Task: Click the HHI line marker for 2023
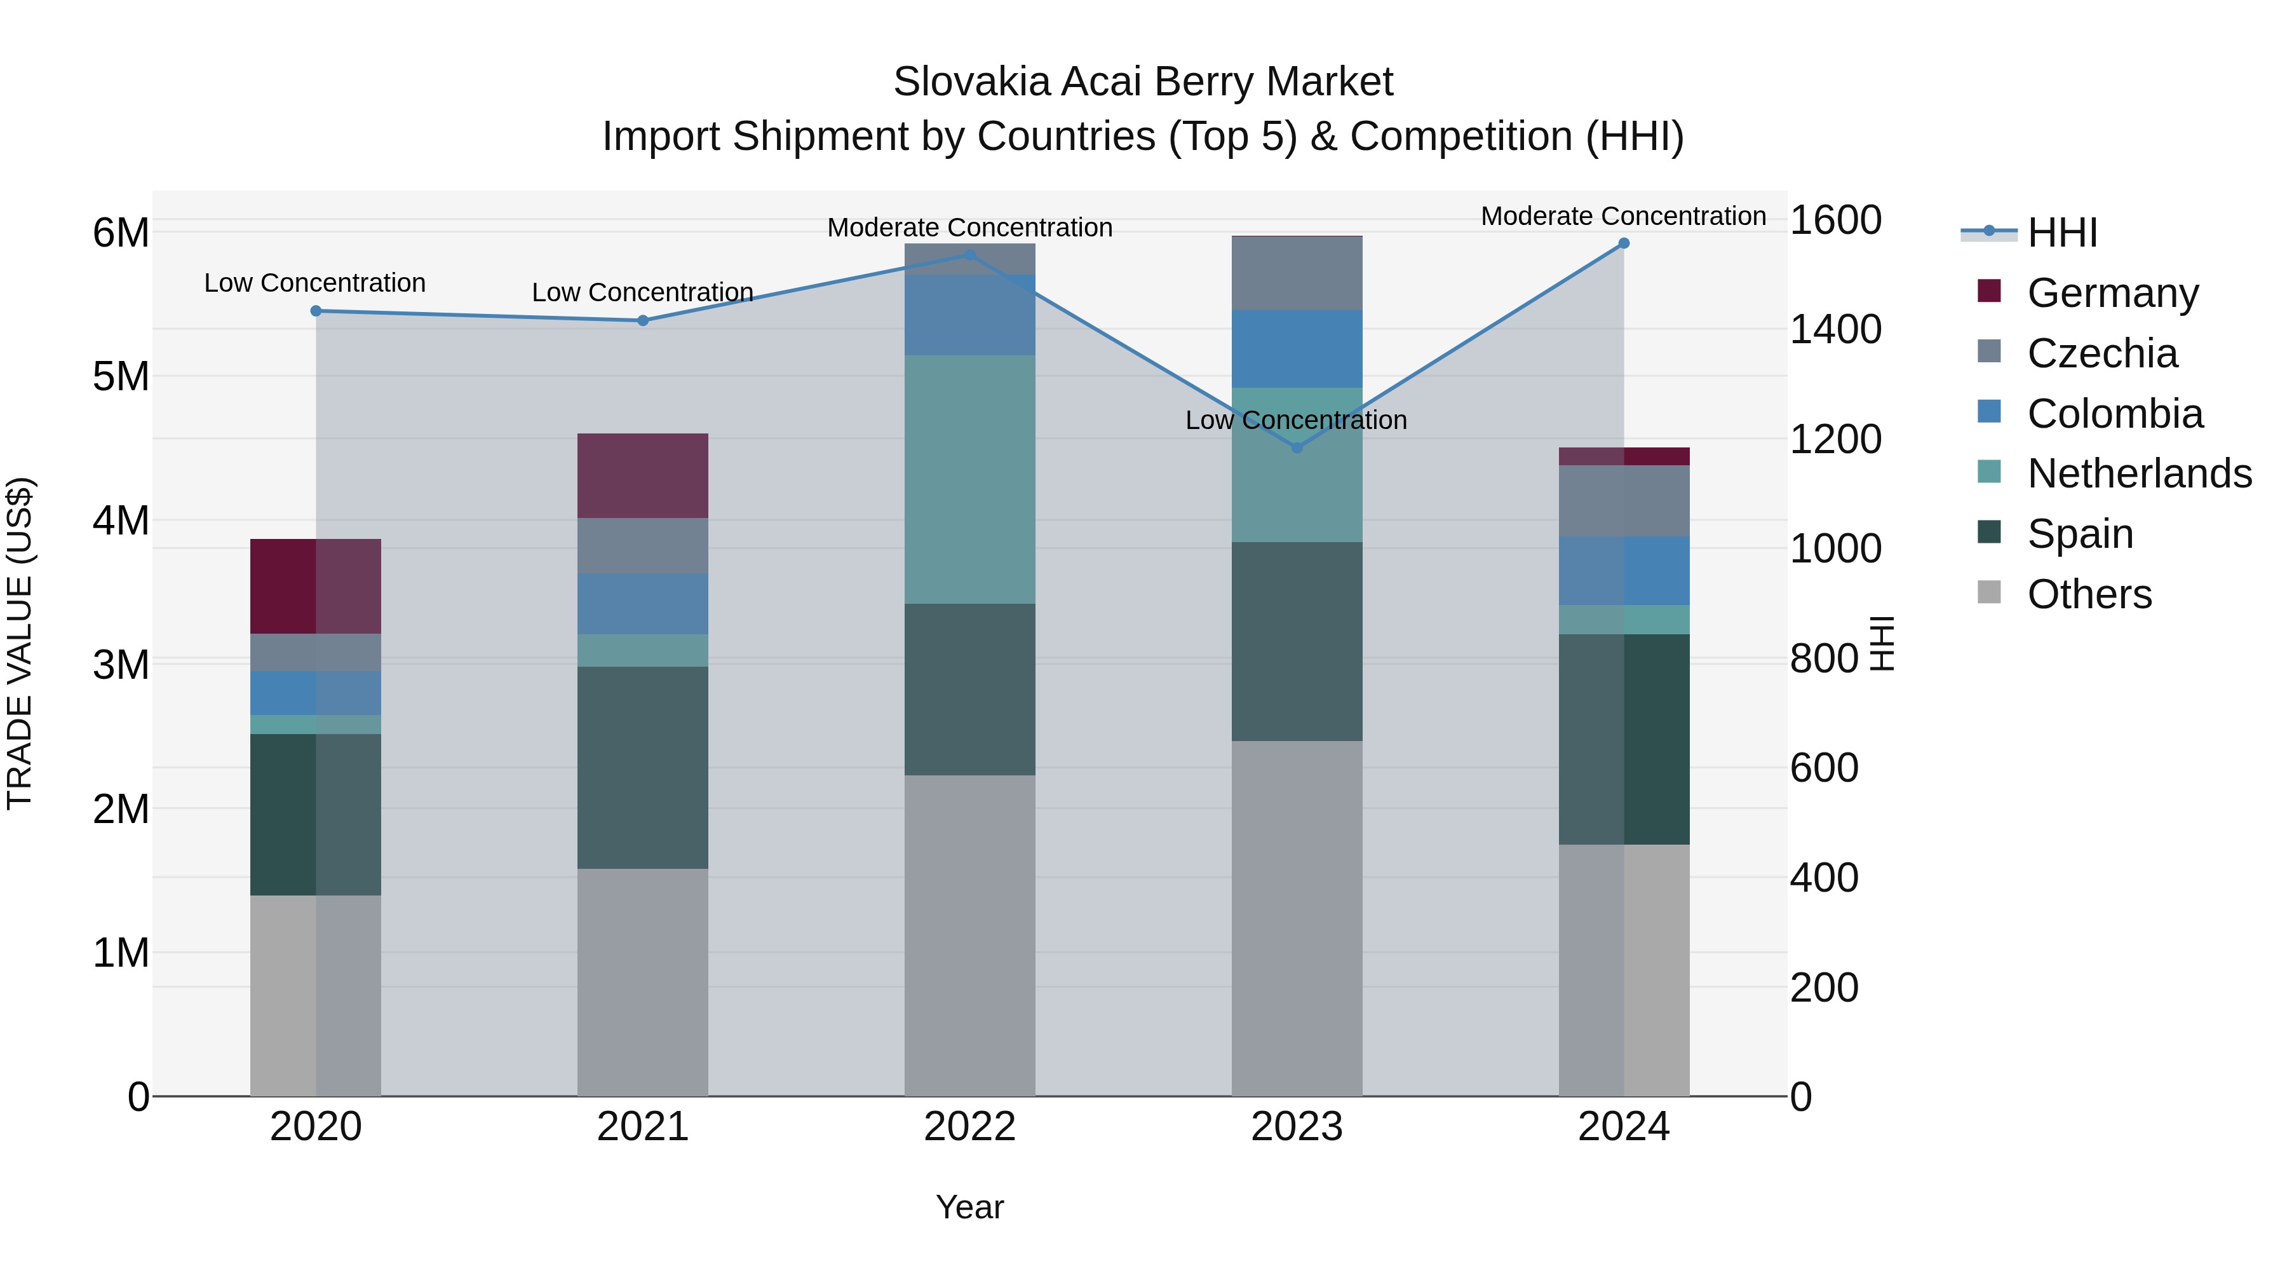tap(1296, 447)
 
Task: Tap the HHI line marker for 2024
tap(1624, 243)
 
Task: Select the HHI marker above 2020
tap(316, 311)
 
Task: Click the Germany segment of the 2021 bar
tap(643, 476)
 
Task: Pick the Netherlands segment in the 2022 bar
tap(969, 480)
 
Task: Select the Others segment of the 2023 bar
tap(1296, 918)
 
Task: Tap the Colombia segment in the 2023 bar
tap(1296, 349)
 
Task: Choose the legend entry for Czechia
tap(2101, 353)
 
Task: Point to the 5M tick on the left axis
tap(121, 377)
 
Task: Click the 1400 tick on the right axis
tap(1834, 329)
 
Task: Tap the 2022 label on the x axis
tap(969, 1127)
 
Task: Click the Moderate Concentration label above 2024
tap(1623, 216)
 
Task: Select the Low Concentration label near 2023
tap(1296, 420)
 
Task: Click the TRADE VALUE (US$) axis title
tap(20, 643)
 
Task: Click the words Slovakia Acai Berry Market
tap(1143, 82)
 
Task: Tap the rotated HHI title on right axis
tap(1881, 643)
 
